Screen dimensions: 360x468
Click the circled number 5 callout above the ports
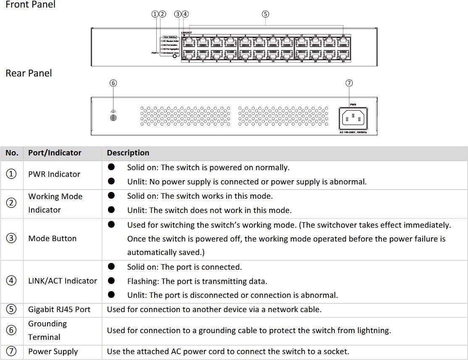click(265, 14)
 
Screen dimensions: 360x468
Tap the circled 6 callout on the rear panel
click(113, 83)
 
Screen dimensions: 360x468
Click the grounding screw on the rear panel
click(113, 118)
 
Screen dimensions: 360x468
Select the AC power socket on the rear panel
click(353, 118)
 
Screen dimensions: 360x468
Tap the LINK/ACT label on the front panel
click(187, 33)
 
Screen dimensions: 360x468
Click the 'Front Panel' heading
click(30, 5)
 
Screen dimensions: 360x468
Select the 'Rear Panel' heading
click(29, 73)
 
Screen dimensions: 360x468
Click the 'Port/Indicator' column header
click(55, 153)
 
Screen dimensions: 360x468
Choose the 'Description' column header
click(128, 153)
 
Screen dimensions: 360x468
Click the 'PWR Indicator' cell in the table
click(54, 174)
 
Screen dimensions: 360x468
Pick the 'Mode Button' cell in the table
click(53, 239)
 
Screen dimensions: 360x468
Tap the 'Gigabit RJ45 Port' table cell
click(59, 310)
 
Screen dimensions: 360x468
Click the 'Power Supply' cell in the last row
click(53, 352)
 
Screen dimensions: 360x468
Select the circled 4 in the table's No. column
click(12, 281)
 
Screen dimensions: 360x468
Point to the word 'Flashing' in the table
click(142, 281)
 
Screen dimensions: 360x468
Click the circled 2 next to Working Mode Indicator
click(12, 203)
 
